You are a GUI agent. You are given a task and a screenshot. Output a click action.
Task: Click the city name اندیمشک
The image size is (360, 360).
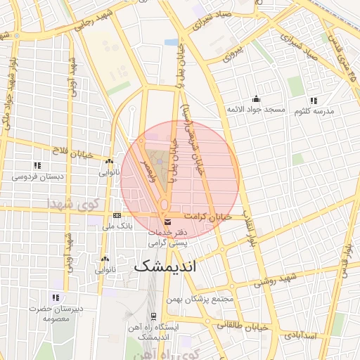(166, 266)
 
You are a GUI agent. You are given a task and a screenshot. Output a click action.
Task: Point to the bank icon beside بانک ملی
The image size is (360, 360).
(117, 215)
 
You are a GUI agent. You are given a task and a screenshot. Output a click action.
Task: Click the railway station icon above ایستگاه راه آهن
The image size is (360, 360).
(153, 316)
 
